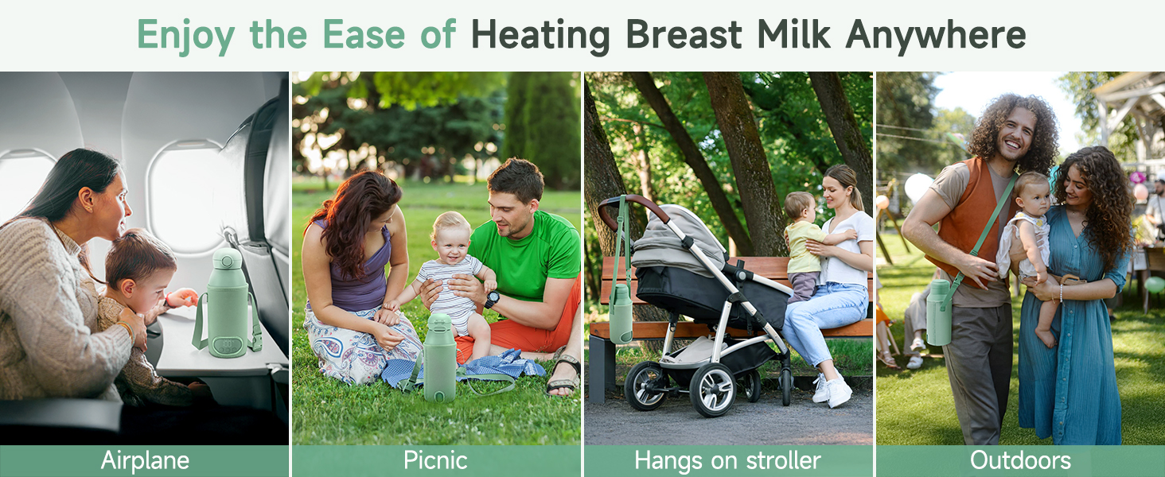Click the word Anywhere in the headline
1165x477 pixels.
936,35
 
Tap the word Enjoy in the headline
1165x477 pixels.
185,35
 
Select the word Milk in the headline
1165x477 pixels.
793,34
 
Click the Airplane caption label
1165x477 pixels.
145,460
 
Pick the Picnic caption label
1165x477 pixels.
435,460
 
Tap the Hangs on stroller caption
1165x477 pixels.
727,460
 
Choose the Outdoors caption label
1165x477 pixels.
1020,460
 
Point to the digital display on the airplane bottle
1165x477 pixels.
227,343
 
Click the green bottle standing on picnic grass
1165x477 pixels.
440,358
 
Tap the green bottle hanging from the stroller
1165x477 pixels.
621,313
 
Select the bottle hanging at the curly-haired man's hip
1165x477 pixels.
939,312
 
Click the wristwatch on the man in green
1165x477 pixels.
492,299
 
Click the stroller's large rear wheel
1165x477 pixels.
712,390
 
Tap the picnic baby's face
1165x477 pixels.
450,243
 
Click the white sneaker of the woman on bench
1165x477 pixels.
839,392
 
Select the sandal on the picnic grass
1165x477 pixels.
563,375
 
